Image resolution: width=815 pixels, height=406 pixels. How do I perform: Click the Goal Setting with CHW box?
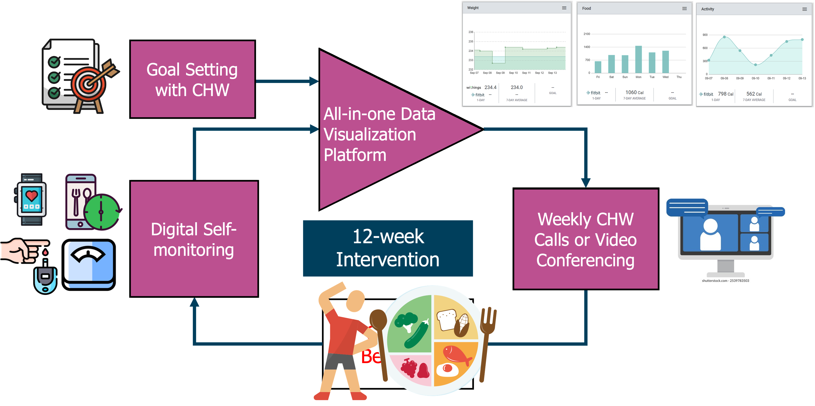click(192, 79)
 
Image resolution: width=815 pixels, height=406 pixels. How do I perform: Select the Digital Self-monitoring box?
click(194, 239)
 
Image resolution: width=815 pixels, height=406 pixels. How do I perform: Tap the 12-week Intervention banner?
click(388, 248)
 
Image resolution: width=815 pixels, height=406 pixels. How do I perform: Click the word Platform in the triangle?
click(355, 155)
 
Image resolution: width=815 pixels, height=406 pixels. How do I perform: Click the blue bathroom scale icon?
click(89, 264)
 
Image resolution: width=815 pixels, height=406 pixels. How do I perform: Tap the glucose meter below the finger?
click(45, 279)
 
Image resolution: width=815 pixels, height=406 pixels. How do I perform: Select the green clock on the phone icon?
click(102, 212)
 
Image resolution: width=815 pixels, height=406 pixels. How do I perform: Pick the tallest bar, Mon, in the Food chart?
click(638, 59)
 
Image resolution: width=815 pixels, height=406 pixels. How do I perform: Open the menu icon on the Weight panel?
click(564, 8)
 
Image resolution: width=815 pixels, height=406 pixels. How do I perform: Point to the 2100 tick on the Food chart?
click(587, 34)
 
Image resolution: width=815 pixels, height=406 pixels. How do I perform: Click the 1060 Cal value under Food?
click(634, 93)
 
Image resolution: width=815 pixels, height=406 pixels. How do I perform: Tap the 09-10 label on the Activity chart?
click(755, 78)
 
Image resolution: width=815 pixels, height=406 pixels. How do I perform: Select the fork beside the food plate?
click(487, 342)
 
